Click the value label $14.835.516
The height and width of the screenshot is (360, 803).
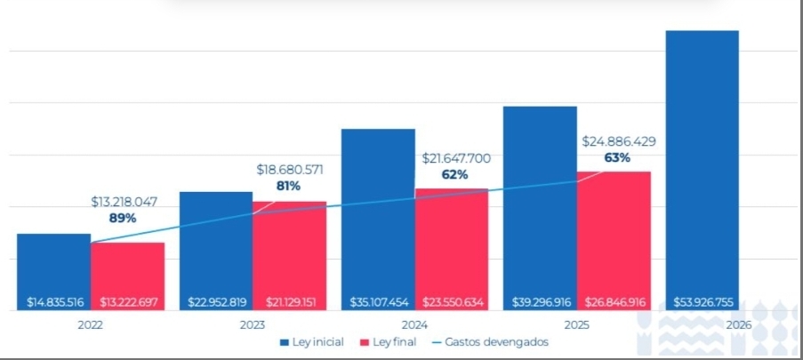click(x=54, y=302)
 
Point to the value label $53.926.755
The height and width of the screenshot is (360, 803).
click(x=703, y=302)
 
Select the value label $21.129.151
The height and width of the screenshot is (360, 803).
click(x=289, y=302)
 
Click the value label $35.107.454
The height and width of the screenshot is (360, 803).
click(x=378, y=302)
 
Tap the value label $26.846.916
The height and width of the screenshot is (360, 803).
click(x=614, y=302)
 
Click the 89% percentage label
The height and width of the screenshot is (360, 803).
click(x=123, y=218)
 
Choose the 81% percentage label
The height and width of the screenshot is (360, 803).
click(x=288, y=186)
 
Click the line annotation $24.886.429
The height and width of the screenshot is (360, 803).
click(x=619, y=141)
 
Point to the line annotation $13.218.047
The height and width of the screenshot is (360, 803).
click(x=124, y=202)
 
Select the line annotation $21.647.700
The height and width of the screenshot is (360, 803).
click(x=454, y=158)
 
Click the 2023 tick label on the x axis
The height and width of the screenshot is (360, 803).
click(x=252, y=325)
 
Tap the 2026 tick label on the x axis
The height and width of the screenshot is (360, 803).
click(x=737, y=325)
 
